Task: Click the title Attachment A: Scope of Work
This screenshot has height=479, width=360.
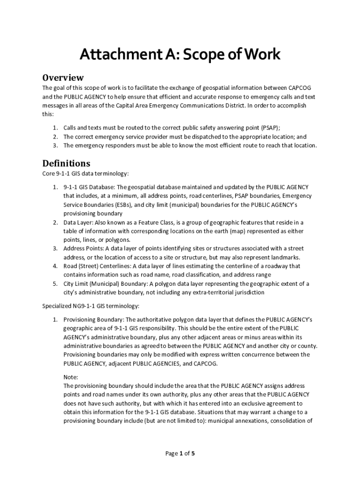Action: pos(180,55)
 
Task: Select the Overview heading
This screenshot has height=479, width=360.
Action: pos(63,77)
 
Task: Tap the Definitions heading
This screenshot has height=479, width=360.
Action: pos(66,163)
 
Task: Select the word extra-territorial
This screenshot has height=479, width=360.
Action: pos(202,292)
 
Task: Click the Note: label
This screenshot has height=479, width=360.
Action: pos(71,377)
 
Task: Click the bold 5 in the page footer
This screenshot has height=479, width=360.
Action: pos(193,453)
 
